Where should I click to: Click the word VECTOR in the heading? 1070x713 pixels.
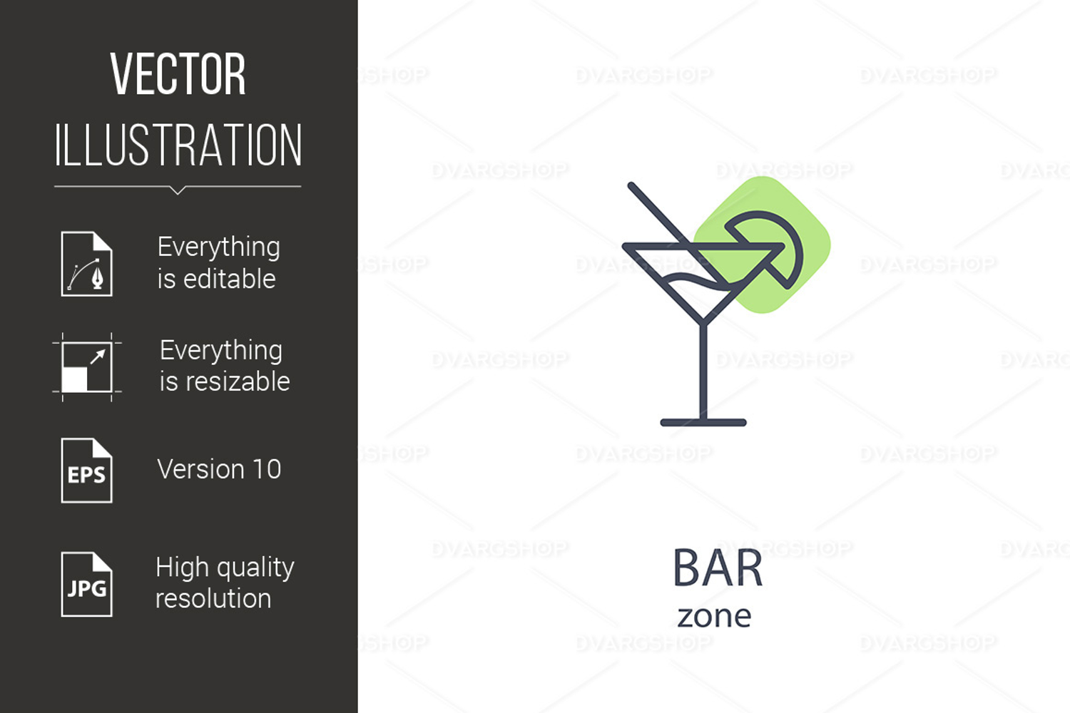click(178, 74)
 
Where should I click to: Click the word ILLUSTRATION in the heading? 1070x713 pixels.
click(178, 145)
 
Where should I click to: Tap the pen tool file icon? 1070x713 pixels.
click(87, 264)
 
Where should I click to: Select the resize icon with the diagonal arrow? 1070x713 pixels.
click(87, 367)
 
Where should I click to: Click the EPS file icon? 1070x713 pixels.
click(87, 471)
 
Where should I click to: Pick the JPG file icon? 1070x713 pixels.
click(87, 584)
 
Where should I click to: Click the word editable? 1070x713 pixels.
click(229, 279)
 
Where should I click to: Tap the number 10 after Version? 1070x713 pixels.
click(267, 469)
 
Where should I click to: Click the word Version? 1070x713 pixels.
click(201, 469)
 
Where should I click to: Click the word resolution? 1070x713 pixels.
click(213, 599)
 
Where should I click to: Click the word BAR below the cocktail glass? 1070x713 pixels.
click(718, 568)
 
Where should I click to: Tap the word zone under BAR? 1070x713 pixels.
click(715, 617)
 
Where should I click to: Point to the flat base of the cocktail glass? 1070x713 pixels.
click(703, 422)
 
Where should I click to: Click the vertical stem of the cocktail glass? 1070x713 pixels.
click(703, 371)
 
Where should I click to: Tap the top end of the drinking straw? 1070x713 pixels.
click(631, 185)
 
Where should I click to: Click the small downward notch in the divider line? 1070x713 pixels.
click(178, 190)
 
